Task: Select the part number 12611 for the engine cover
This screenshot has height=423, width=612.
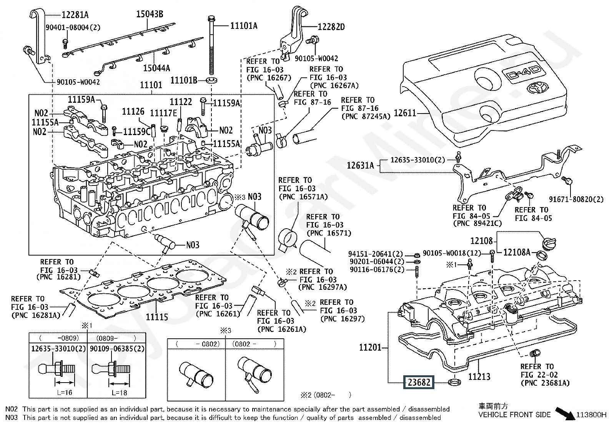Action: tap(406, 113)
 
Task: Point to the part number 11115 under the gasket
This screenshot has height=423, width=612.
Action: tap(156, 317)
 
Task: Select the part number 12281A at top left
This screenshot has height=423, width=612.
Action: tap(75, 15)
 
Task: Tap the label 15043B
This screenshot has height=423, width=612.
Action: tap(150, 14)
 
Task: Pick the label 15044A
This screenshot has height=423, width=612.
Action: tap(156, 68)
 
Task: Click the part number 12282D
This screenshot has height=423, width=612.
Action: tap(331, 27)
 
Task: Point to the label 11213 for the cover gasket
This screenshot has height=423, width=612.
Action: tap(479, 376)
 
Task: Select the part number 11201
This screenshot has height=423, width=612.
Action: tap(370, 347)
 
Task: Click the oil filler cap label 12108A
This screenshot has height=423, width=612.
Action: tap(517, 252)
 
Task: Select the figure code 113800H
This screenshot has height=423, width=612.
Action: tap(591, 415)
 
